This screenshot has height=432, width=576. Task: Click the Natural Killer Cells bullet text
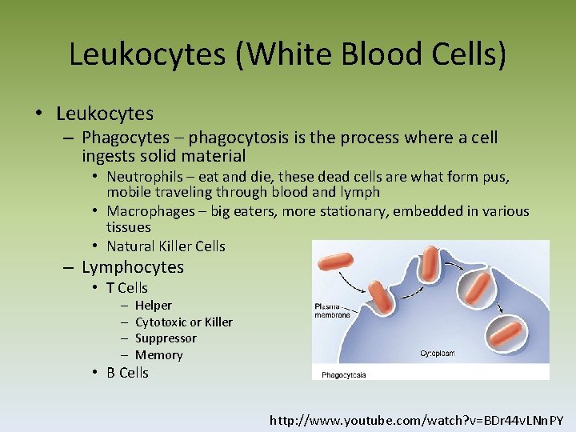pos(166,246)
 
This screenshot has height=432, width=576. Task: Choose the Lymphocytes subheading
pos(133,267)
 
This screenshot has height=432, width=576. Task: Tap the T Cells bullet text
pos(127,288)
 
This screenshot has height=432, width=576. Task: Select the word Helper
pos(154,305)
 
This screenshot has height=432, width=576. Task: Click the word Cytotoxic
pos(161,322)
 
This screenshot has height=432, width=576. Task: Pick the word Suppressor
pos(166,338)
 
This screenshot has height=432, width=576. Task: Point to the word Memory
pos(158,354)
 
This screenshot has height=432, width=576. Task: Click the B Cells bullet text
pos(127,373)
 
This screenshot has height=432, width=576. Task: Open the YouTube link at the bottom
pos(417,419)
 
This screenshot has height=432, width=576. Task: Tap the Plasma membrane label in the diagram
pos(333,310)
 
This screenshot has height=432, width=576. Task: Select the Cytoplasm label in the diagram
pos(439,353)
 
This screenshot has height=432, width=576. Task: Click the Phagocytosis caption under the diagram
pos(344,374)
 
